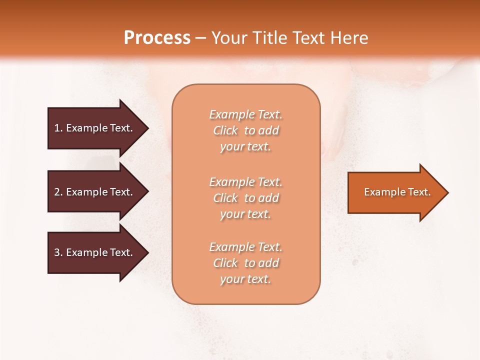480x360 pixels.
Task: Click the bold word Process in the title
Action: (x=157, y=38)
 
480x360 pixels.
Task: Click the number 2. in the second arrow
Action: (x=58, y=192)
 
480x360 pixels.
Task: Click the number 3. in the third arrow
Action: (x=58, y=252)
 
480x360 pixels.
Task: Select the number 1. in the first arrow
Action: (x=58, y=128)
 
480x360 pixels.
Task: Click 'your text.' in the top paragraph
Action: (x=245, y=147)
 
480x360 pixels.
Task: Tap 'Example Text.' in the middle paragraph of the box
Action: (x=245, y=181)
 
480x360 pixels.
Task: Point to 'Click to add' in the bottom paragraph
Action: (x=245, y=263)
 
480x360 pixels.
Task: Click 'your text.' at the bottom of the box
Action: (x=245, y=279)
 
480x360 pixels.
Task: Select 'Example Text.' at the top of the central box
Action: (x=245, y=114)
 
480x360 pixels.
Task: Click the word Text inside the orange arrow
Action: (x=419, y=192)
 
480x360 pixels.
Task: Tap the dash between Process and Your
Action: (x=200, y=38)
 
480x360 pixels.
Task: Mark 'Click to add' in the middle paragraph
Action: (x=245, y=198)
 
